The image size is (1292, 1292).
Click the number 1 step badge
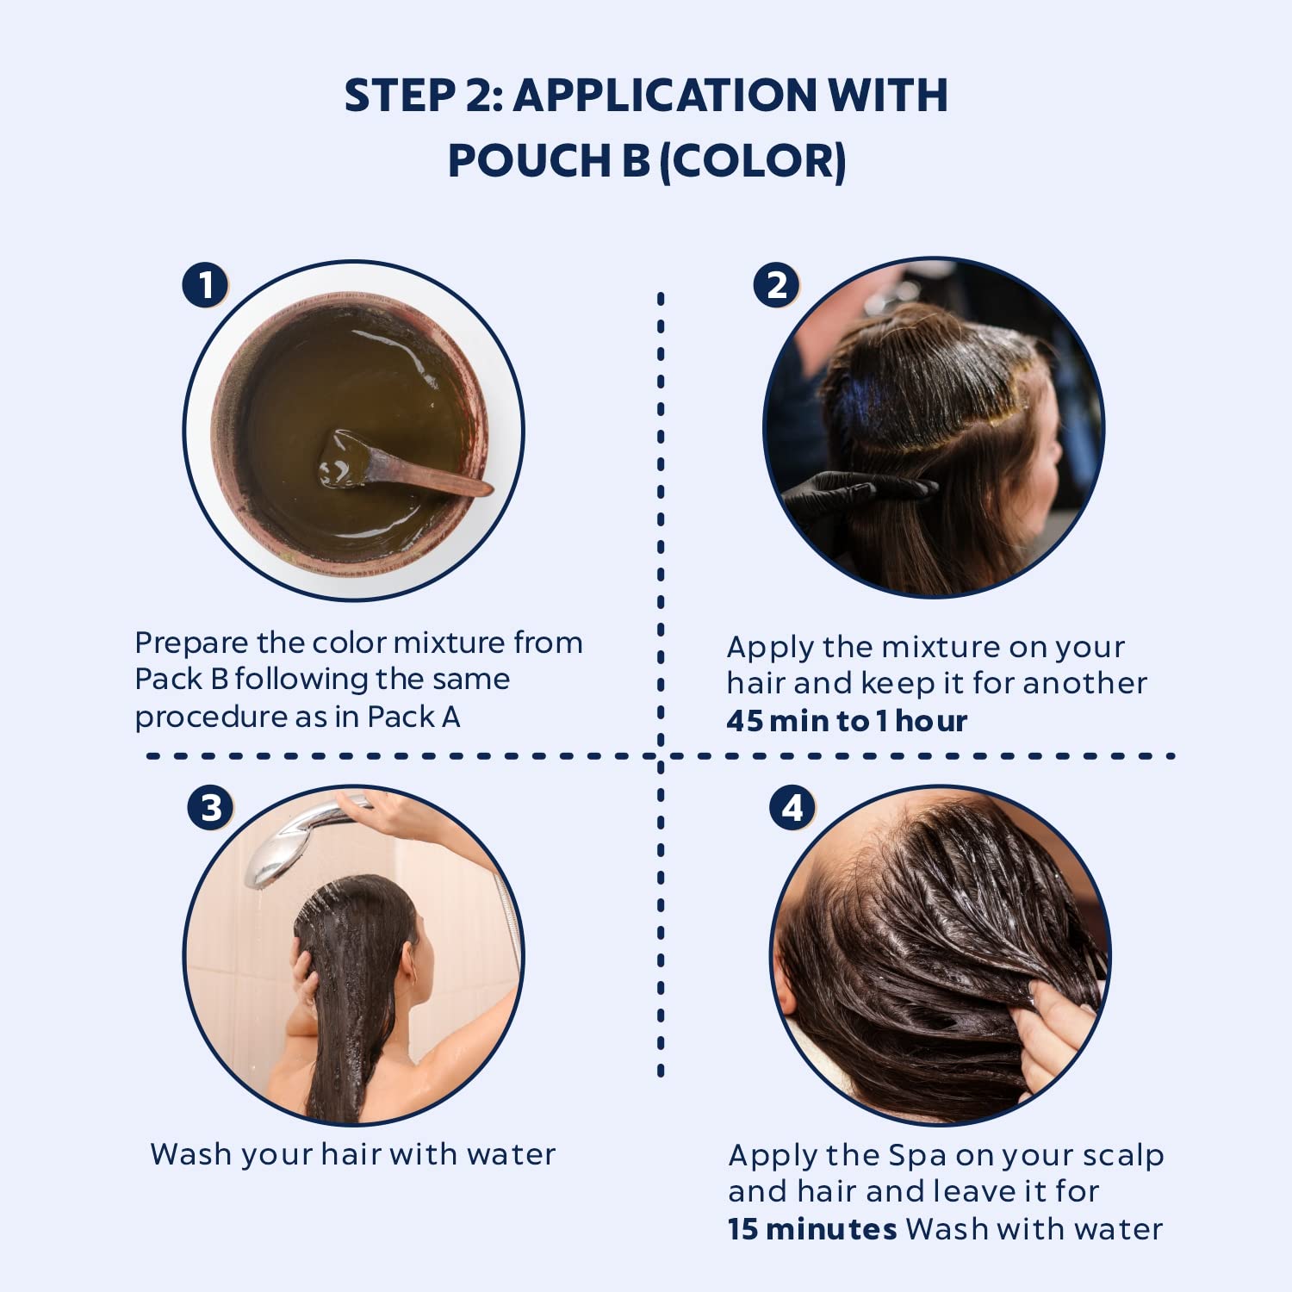click(x=205, y=284)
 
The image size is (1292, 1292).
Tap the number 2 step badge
click(x=777, y=284)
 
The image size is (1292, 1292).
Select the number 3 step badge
click(x=211, y=808)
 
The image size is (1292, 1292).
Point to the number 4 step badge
click(x=792, y=808)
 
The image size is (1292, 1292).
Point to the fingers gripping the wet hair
click(x=1055, y=1034)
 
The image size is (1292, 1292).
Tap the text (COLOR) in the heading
click(x=753, y=162)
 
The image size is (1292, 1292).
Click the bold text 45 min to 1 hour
click(x=847, y=721)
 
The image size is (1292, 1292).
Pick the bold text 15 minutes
click(x=812, y=1229)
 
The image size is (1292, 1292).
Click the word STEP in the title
click(x=400, y=95)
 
